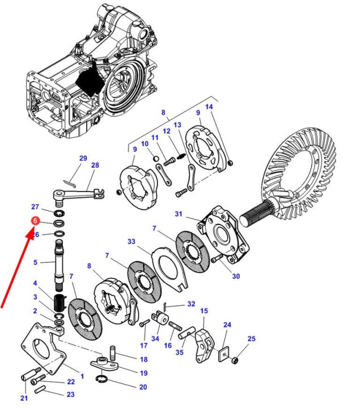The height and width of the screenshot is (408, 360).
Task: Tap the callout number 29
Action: (83, 158)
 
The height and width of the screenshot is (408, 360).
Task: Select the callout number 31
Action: (179, 214)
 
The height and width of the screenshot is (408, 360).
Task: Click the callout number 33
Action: (132, 242)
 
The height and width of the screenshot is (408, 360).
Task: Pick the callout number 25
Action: (251, 338)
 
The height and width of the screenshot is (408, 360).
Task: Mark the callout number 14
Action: (209, 107)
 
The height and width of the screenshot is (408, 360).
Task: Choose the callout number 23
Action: (70, 394)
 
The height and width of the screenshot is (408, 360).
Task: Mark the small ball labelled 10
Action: (154, 156)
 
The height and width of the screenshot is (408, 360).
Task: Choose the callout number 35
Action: (179, 352)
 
